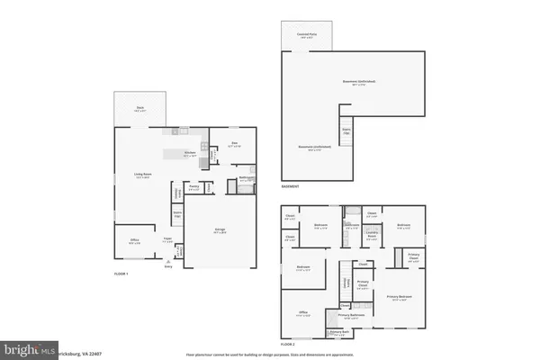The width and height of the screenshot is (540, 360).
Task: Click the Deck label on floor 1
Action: coord(140,108)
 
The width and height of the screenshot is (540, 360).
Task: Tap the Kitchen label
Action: coord(190,154)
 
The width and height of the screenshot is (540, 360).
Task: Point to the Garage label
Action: coord(220,230)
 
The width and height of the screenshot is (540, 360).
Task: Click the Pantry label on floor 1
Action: coord(193,188)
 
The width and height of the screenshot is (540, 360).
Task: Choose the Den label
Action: coord(233,143)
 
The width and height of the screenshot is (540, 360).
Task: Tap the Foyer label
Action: coord(166,240)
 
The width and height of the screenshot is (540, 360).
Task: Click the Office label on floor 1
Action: coord(134,241)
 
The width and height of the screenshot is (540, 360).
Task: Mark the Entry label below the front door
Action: coord(167,267)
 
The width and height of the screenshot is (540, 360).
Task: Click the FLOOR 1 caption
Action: coord(121,274)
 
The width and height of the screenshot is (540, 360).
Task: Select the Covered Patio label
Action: coord(306,35)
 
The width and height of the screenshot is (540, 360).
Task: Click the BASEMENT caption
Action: coord(290,187)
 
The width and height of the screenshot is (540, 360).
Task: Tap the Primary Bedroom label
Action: coord(399,297)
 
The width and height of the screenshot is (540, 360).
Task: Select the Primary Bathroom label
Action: coord(350,316)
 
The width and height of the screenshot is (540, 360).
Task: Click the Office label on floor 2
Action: coord(304,314)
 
